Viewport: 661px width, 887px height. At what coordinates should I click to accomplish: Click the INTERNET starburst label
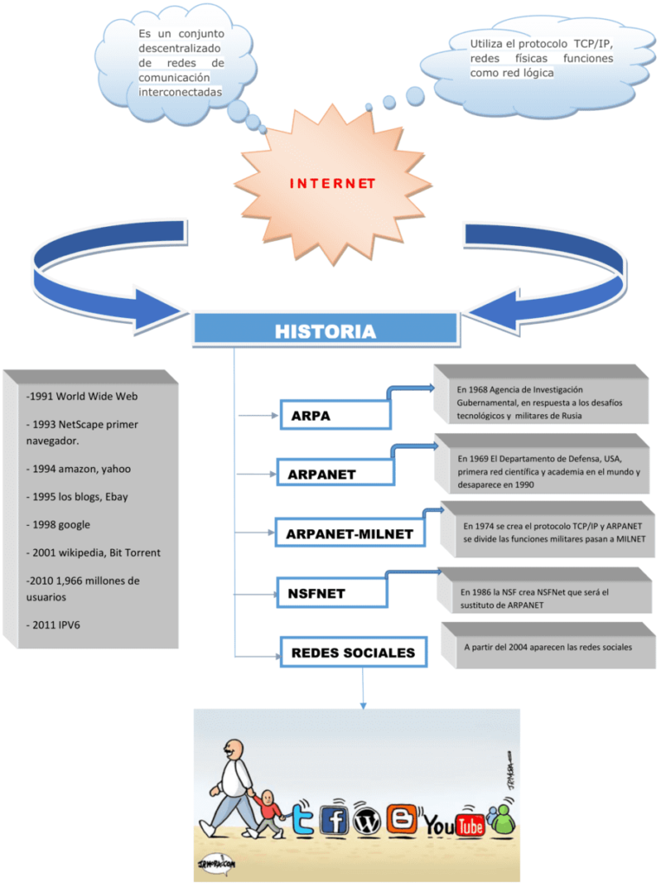point(332,184)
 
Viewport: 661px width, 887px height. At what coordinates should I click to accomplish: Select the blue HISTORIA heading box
point(325,331)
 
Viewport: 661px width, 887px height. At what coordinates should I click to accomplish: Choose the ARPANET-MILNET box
point(349,534)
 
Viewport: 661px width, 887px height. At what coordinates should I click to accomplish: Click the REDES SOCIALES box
point(353,652)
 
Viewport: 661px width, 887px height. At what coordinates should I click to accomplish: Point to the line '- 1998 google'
point(58,524)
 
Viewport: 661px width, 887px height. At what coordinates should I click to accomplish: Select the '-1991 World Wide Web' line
point(82,396)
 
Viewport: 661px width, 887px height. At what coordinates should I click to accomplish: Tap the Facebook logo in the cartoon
point(334,819)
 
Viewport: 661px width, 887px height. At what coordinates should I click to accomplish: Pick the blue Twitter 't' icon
point(302,819)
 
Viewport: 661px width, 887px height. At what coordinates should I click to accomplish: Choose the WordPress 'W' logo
point(366,821)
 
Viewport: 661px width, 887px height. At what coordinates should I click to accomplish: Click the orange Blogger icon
point(400,819)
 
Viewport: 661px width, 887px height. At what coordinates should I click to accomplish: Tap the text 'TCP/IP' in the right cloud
point(593,43)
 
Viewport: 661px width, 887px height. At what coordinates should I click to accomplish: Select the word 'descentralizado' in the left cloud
point(179,48)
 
